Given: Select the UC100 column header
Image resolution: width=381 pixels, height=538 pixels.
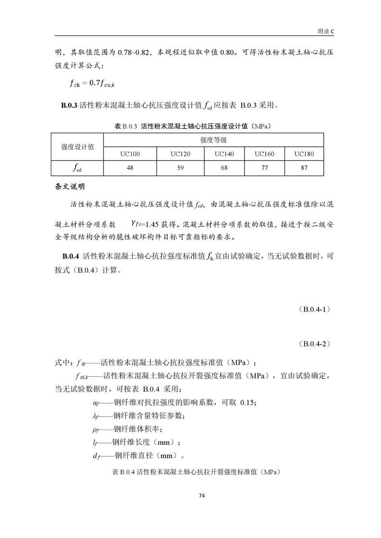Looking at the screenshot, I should [130, 154].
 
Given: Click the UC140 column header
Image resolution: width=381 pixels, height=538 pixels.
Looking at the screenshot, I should [224, 154].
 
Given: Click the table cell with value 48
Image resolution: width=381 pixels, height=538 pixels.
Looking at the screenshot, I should [130, 168].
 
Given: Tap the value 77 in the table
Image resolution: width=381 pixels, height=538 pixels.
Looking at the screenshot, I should [264, 168].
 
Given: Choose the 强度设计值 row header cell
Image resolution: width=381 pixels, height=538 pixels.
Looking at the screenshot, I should [77, 147].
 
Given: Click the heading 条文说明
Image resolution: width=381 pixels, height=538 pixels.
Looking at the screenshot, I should [71, 186].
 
